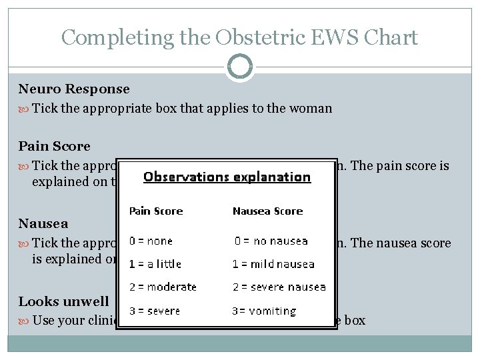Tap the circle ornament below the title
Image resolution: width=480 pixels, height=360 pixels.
click(x=240, y=67)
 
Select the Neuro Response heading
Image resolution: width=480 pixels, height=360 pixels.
click(x=74, y=89)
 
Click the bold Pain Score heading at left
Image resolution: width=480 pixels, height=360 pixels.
click(x=55, y=146)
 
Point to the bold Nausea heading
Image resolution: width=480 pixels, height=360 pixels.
click(x=43, y=223)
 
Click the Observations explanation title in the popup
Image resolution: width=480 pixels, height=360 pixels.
click(x=227, y=177)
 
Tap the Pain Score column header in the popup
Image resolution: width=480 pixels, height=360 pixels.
click(x=155, y=211)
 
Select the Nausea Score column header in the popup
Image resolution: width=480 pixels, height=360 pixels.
click(x=267, y=211)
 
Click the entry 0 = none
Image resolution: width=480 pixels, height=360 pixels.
click(x=151, y=241)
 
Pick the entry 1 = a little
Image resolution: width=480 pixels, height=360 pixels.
click(x=155, y=264)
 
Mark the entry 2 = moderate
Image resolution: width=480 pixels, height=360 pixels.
click(x=163, y=287)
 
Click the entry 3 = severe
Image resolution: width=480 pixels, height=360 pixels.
click(x=155, y=311)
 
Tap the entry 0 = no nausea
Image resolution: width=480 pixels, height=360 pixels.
click(x=271, y=241)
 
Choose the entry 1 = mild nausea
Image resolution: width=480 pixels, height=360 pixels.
click(x=273, y=264)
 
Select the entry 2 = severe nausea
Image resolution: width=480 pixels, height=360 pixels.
click(x=279, y=287)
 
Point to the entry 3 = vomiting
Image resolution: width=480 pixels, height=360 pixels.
click(x=264, y=311)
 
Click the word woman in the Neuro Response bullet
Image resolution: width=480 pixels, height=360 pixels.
click(x=312, y=108)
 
